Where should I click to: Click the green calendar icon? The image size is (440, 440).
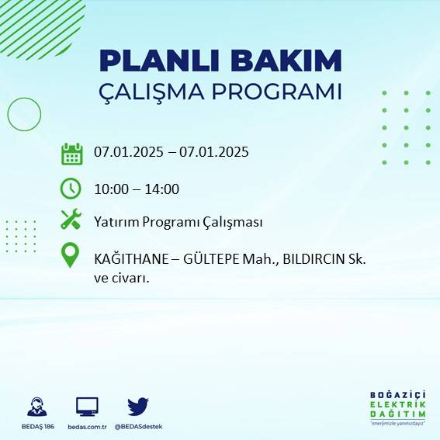coord(71,154)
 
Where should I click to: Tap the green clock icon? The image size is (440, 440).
coord(71,188)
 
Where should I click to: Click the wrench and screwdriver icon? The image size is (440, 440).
coord(71,220)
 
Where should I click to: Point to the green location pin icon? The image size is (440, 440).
coord(71,255)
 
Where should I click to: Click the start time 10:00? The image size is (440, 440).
coord(111,189)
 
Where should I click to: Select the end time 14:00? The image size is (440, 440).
coord(162,189)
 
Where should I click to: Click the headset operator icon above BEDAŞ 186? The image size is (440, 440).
coord(36,407)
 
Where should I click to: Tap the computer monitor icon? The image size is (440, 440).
coord(87,407)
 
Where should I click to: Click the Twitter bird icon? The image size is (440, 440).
coord(138,406)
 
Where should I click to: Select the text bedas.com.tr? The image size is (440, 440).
coord(87,426)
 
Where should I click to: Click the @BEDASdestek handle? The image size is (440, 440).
coord(138,426)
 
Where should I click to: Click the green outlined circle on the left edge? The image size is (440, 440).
coord(23,115)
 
